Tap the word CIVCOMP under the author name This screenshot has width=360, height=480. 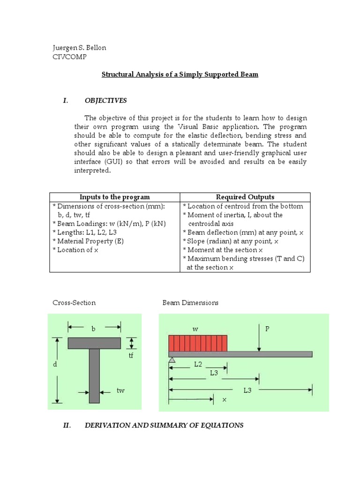pyautogui.click(x=70, y=57)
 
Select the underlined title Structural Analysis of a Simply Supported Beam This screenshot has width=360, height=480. pyautogui.click(x=180, y=75)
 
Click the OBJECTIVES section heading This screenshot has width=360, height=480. pyautogui.click(x=105, y=100)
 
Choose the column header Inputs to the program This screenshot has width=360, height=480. pyautogui.click(x=115, y=197)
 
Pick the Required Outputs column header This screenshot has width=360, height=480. pyautogui.click(x=245, y=197)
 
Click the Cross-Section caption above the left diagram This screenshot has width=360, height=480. pyautogui.click(x=74, y=303)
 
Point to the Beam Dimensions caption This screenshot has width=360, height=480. pyautogui.click(x=190, y=303)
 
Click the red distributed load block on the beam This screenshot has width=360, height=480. pyautogui.click(x=198, y=343)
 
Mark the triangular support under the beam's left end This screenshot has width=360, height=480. pyautogui.click(x=172, y=360)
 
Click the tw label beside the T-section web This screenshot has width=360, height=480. pyautogui.click(x=120, y=390)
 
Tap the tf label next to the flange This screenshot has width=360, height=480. pyautogui.click(x=131, y=356)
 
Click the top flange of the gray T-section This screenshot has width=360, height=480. pyautogui.click(x=94, y=343)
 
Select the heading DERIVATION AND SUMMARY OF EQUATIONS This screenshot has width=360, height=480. pyautogui.click(x=164, y=426)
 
